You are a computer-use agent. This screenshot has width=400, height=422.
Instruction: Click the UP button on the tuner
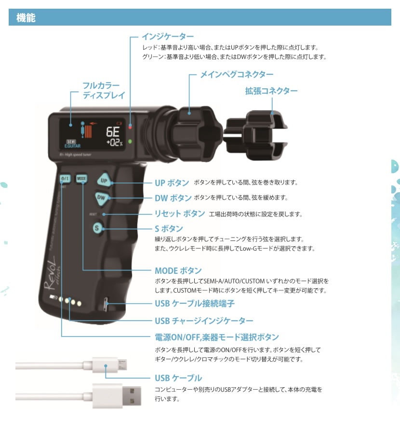coord(104,181)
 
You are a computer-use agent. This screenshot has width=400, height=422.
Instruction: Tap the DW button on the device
coord(101,198)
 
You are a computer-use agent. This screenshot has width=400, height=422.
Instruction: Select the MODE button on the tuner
coord(81,179)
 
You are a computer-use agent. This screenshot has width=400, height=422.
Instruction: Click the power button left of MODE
coord(65,179)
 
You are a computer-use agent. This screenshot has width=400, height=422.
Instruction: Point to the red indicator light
coord(130,127)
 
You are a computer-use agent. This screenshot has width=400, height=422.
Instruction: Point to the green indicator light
coord(130,141)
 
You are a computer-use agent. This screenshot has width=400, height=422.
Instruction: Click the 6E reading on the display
coord(113,132)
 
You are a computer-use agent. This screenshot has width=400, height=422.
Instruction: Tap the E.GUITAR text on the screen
coord(73,146)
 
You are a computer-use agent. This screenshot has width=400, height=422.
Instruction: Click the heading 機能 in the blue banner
coord(26,17)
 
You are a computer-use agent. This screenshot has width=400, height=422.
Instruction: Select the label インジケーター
coord(168,36)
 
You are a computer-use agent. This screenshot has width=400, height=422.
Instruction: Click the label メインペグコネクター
coord(237,74)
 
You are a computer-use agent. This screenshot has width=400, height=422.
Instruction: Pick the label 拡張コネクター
coord(271,91)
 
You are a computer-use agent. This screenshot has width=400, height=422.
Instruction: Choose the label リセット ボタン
coord(180,214)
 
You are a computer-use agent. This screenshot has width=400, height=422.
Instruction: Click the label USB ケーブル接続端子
coord(195,304)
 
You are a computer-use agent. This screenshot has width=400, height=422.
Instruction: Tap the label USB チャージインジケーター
coord(204,321)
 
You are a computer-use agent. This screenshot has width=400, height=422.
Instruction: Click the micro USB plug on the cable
coord(109,365)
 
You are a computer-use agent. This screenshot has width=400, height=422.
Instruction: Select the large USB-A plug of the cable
coord(117,396)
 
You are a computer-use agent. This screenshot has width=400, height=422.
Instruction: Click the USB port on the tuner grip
coord(106,304)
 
